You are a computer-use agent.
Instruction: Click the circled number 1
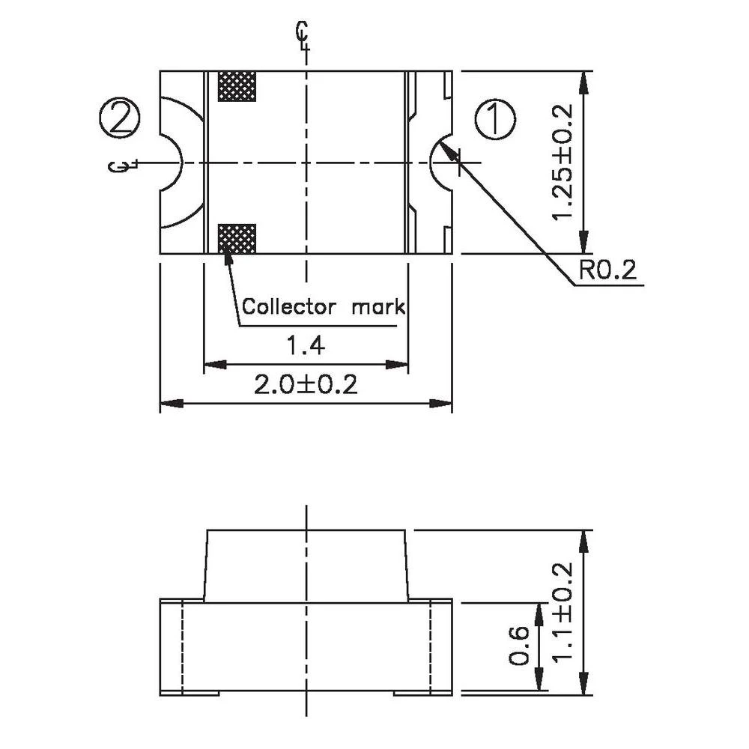tap(495, 120)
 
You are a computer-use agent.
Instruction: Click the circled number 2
tap(119, 118)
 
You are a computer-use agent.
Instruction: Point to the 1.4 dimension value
tap(306, 346)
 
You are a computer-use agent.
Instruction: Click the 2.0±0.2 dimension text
tap(306, 385)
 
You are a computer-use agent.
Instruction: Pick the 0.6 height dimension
tap(520, 646)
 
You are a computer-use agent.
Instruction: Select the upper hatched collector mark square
tap(236, 86)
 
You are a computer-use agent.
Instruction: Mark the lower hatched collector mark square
tap(236, 238)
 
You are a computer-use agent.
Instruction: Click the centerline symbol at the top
tap(303, 34)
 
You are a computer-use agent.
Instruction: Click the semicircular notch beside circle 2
tap(172, 163)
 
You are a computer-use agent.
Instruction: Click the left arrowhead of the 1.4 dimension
tap(209, 365)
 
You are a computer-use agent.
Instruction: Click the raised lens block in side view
tap(306, 565)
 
